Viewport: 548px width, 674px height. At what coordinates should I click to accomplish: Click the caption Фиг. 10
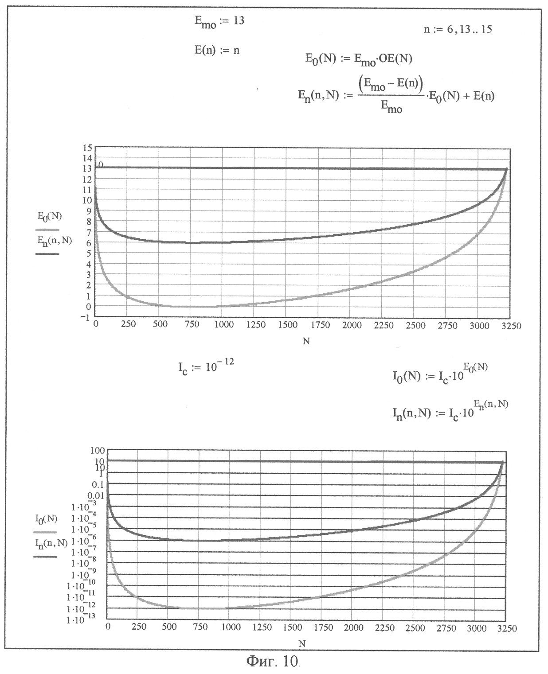coord(272,661)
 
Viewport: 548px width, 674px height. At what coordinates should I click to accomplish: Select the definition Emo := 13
coord(219,22)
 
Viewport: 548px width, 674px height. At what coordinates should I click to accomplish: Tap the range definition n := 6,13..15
coord(458,30)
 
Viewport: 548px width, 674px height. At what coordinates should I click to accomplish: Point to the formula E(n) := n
coord(217,50)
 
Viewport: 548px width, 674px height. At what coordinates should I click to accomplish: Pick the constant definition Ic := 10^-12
coord(206,367)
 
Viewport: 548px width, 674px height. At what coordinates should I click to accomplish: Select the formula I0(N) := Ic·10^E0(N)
coord(440,374)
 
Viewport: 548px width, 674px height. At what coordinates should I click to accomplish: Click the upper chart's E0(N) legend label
coord(49,216)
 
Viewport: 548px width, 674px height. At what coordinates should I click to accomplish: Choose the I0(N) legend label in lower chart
coord(46,519)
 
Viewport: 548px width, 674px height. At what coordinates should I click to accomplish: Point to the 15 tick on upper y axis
coord(87,148)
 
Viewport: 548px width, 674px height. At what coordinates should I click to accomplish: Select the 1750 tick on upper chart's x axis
coord(320,325)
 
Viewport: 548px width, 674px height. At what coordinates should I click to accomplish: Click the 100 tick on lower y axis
coord(97,450)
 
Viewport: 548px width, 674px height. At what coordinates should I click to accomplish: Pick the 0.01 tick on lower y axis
coord(96,495)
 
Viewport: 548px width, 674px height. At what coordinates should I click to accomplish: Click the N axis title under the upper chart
coord(306,341)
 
